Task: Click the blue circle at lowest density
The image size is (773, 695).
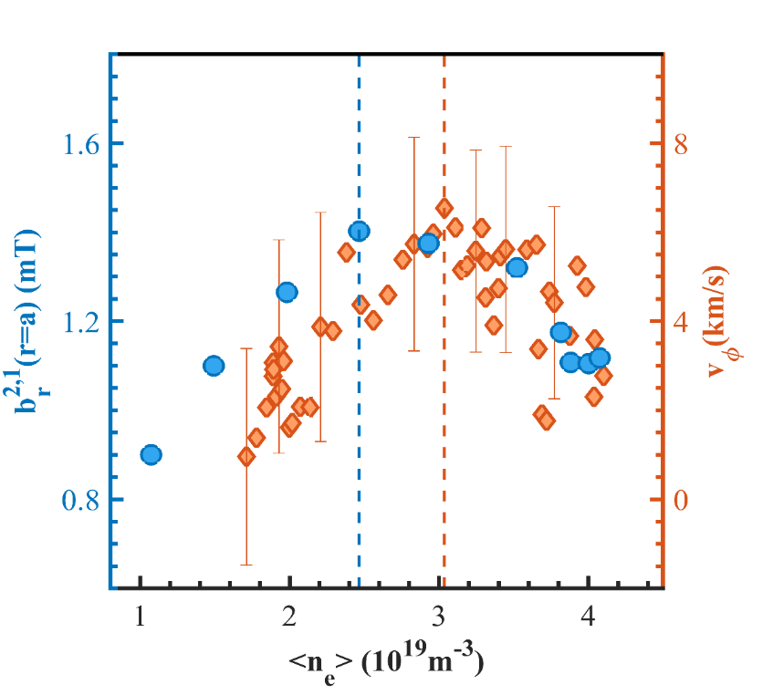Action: tap(151, 454)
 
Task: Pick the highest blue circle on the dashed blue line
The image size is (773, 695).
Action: tap(359, 231)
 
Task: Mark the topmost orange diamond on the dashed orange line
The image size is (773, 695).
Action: tap(444, 208)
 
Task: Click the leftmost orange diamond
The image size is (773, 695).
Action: tap(246, 456)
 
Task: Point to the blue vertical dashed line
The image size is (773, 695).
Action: tap(359, 410)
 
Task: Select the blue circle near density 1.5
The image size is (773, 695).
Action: tap(214, 366)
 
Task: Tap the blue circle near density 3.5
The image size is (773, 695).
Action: tap(517, 267)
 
